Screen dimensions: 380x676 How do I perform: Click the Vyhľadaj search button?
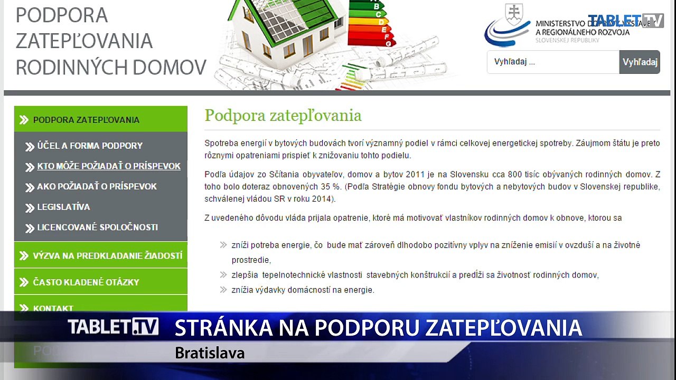[640, 62]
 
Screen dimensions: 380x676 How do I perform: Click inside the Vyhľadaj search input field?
[552, 62]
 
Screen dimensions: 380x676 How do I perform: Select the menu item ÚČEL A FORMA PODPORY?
[90, 146]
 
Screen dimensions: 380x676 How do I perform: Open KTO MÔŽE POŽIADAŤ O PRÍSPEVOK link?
[108, 166]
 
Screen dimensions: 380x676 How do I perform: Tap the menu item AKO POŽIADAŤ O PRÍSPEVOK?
[97, 187]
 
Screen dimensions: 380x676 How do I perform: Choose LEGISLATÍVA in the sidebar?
[63, 207]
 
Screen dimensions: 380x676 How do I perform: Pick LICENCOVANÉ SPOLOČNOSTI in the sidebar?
[97, 227]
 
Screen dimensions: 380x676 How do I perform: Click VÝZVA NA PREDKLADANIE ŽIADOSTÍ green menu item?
[107, 256]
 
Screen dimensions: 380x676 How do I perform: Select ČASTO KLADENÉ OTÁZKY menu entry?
[86, 282]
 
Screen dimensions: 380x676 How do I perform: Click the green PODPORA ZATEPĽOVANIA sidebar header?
[86, 120]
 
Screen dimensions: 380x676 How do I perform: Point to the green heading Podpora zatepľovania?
[283, 116]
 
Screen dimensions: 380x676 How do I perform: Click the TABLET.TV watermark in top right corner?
[625, 21]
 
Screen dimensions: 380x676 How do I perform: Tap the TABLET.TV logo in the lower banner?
[113, 327]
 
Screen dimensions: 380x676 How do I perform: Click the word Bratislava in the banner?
[210, 353]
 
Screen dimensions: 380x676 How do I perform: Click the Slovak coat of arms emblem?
[513, 14]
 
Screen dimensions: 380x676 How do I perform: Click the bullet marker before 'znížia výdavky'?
[223, 290]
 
